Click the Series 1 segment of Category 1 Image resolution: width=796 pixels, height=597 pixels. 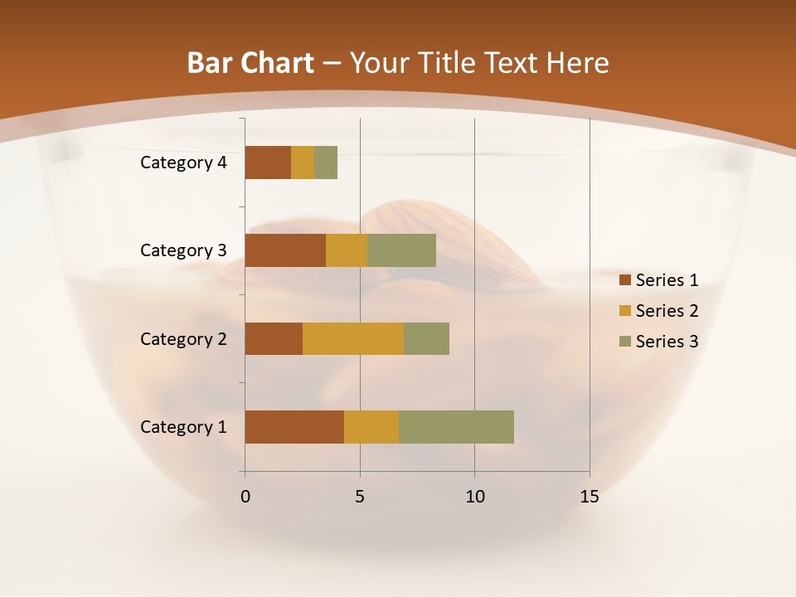(294, 427)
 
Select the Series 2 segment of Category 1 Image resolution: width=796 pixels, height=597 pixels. (371, 427)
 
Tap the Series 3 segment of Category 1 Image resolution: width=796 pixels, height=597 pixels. (456, 427)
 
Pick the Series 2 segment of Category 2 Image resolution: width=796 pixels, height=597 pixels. (353, 338)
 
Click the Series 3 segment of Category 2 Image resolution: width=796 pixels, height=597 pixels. (426, 338)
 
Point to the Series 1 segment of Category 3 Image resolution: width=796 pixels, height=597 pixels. (285, 250)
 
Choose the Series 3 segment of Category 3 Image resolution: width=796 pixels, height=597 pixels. (401, 250)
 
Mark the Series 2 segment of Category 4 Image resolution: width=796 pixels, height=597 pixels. (303, 163)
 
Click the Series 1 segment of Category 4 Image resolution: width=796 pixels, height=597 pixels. (268, 163)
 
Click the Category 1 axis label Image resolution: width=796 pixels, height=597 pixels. (183, 427)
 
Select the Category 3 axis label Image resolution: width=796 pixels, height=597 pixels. (183, 250)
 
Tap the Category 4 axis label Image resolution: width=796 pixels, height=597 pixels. (183, 163)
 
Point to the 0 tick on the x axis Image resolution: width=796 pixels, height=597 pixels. (245, 497)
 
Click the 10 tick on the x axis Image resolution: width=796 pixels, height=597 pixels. (474, 497)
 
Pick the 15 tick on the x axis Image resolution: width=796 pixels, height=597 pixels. (590, 497)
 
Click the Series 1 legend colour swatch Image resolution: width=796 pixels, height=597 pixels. (624, 280)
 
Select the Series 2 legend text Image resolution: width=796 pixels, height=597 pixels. (667, 311)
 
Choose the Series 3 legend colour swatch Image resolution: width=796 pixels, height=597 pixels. (624, 342)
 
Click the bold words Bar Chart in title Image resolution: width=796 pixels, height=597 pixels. (250, 63)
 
